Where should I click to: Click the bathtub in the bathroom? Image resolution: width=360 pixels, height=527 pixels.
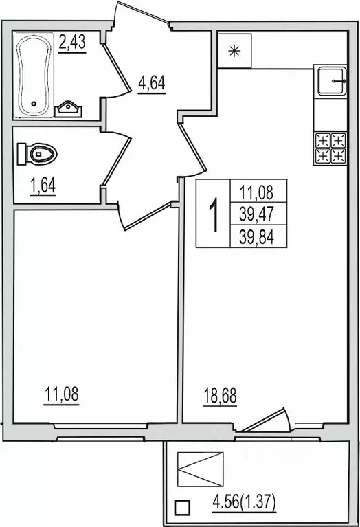[x=34, y=76]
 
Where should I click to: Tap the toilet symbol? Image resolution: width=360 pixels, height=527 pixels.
[x=37, y=154]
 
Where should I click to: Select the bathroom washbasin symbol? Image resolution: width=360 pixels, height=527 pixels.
[x=68, y=109]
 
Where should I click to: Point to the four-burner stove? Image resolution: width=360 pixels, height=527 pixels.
[x=330, y=148]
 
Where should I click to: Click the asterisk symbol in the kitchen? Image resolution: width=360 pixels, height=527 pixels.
[x=234, y=51]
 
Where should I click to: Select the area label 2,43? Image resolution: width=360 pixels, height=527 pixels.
[x=72, y=43]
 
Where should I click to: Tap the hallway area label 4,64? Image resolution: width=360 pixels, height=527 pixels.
[x=152, y=84]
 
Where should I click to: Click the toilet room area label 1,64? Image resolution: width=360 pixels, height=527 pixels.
[x=43, y=186]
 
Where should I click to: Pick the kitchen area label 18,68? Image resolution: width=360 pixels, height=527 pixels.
[x=220, y=396]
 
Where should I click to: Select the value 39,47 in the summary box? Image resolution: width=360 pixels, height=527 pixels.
[x=257, y=214]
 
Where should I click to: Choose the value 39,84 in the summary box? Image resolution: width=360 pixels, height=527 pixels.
[x=257, y=237]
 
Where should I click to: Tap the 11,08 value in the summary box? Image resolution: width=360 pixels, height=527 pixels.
[x=257, y=192]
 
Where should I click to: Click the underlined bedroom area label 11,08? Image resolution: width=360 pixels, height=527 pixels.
[x=62, y=394]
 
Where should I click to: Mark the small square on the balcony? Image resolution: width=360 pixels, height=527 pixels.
[x=182, y=508]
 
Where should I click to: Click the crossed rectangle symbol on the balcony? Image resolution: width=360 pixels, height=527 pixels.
[x=201, y=469]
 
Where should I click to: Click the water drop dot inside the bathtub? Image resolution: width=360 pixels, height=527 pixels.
[x=34, y=104]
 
